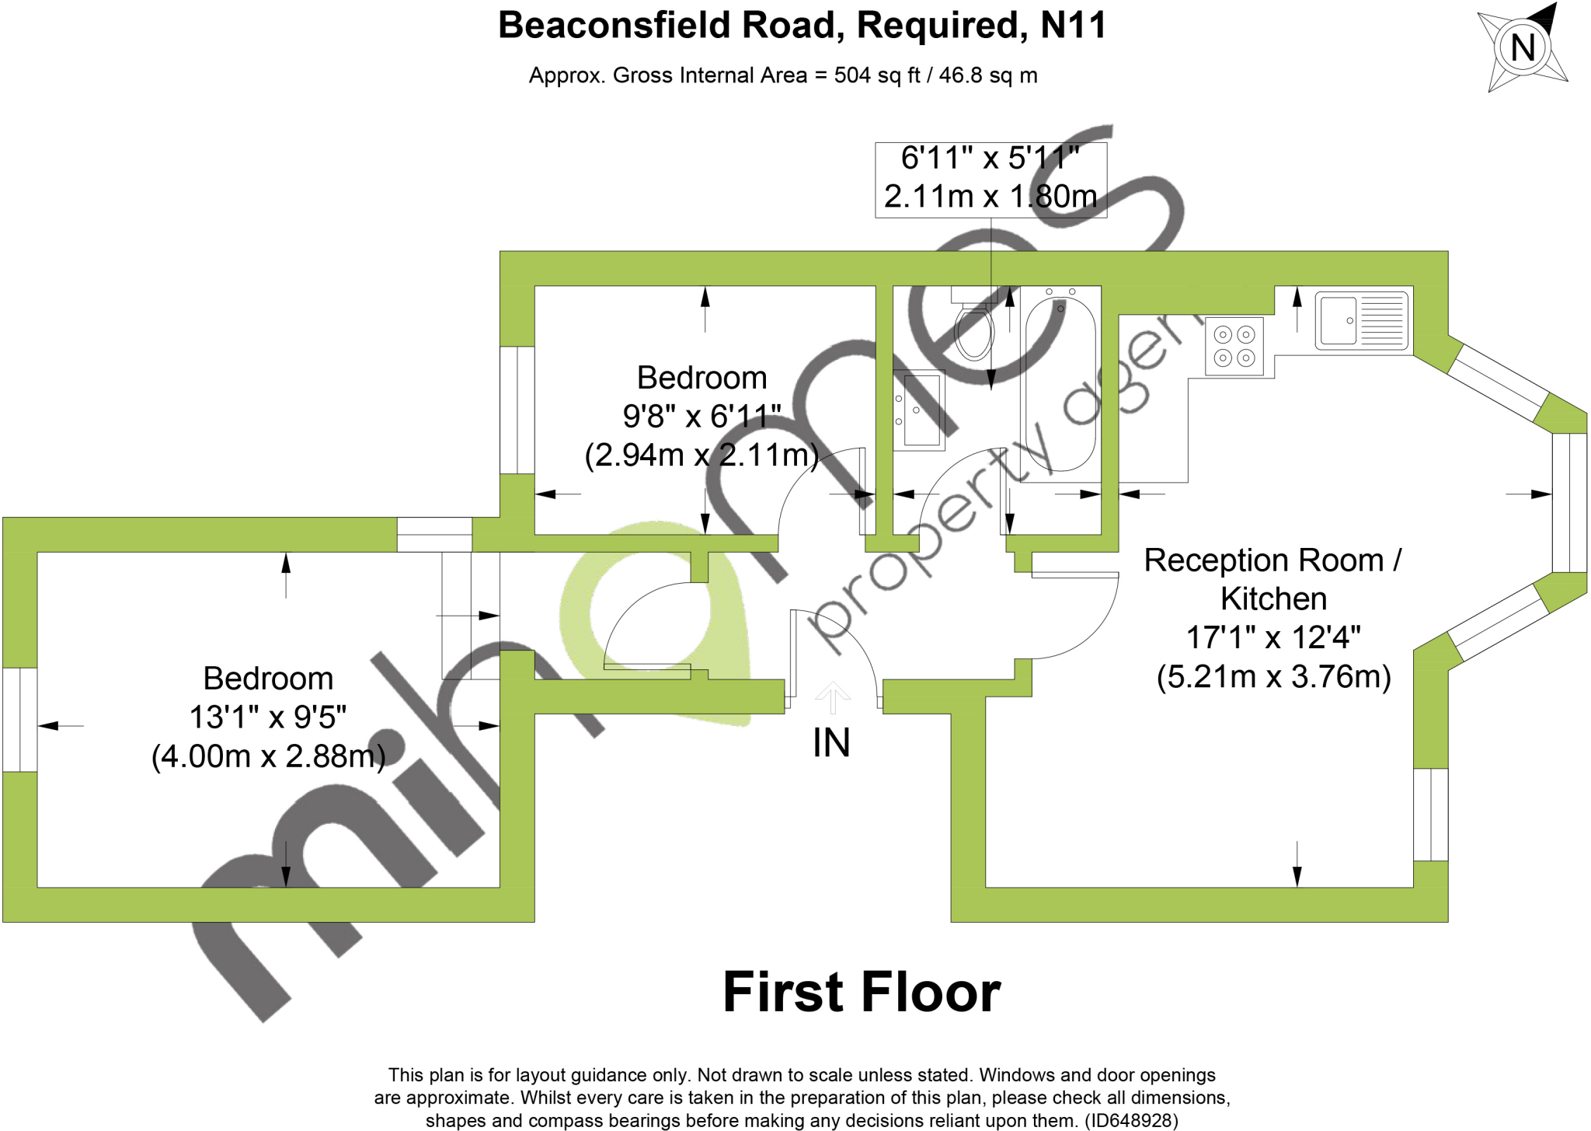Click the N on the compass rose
tap(1523, 47)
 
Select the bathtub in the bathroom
tap(1060, 385)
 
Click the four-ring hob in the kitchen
tap(1234, 346)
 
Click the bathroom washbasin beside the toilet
tap(920, 410)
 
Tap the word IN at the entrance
tap(831, 742)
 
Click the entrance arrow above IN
tap(833, 697)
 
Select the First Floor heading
tap(862, 993)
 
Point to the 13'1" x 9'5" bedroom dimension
tap(268, 717)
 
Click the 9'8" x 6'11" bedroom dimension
tap(702, 416)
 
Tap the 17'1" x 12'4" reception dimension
tap(1273, 637)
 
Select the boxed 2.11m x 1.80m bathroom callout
tap(990, 197)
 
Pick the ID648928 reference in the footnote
tap(1131, 1120)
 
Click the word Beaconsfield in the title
tap(614, 25)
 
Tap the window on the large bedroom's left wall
tap(19, 719)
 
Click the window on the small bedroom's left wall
tap(517, 410)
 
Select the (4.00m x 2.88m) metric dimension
tap(268, 756)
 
